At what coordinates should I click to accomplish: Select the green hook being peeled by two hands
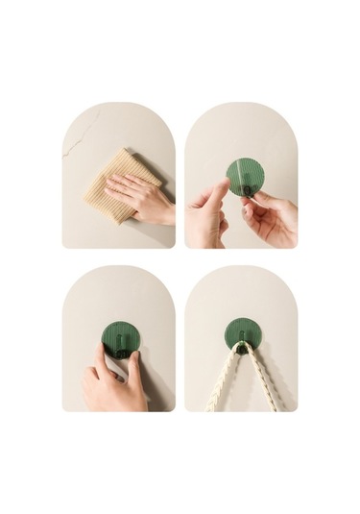point(245,175)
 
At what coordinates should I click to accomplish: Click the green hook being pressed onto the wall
point(121,338)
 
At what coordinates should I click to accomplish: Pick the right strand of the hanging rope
point(263,379)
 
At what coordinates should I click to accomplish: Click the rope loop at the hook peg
point(242,348)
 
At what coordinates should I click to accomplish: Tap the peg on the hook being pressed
point(121,348)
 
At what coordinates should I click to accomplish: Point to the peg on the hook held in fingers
point(247,187)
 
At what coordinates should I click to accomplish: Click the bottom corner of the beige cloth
point(118,222)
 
